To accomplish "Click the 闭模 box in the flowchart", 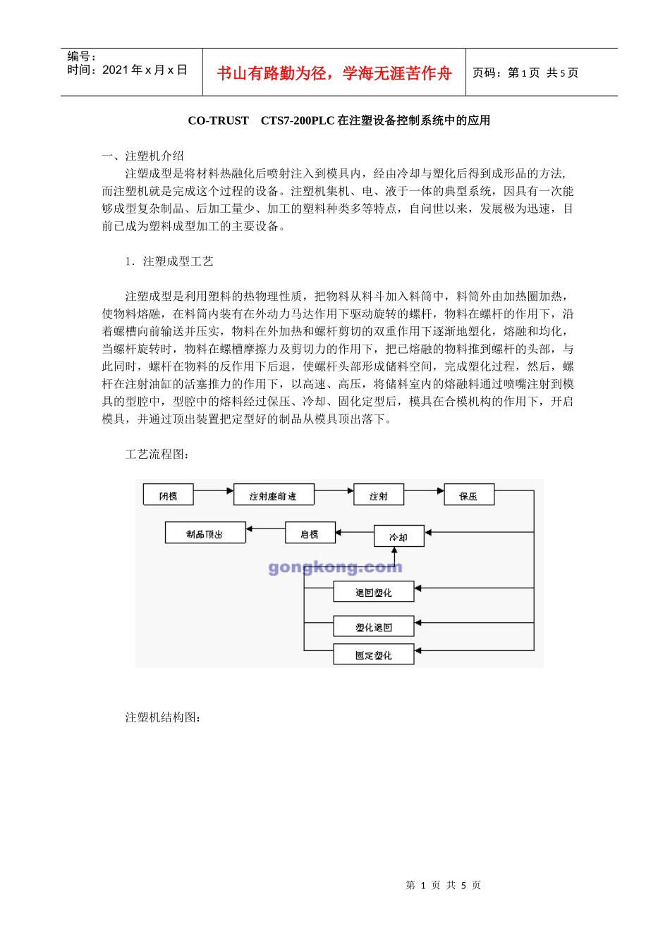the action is (168, 496).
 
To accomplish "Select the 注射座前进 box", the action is (273, 496).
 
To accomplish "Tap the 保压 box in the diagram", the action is (468, 496).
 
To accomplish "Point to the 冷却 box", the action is (398, 537).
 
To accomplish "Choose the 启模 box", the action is (310, 534).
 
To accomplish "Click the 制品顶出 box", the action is (205, 534).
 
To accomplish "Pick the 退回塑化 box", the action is (373, 593).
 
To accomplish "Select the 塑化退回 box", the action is (373, 627).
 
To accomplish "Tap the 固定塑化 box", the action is (373, 655).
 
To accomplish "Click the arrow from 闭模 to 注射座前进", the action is (213, 490).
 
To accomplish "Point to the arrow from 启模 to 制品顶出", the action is (265, 528).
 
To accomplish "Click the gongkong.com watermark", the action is (335, 567).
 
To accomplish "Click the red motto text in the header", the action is (334, 73).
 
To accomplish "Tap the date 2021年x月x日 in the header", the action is (145, 70).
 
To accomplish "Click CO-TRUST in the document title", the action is (218, 120).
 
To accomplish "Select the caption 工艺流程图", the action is (157, 454).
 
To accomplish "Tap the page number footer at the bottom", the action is (443, 885).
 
